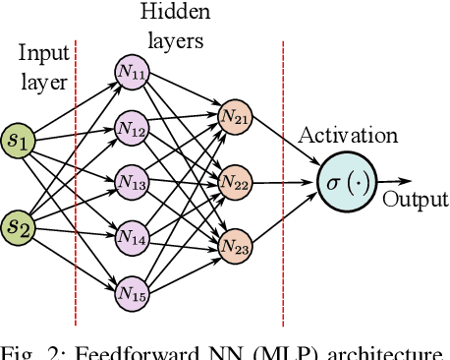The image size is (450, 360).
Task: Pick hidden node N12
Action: pyautogui.click(x=130, y=127)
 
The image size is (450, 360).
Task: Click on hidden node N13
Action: pyautogui.click(x=130, y=181)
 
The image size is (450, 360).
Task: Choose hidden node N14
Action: pyautogui.click(x=130, y=236)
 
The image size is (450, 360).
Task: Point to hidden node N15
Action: pyautogui.click(x=130, y=291)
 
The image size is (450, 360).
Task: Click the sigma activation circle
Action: pyautogui.click(x=347, y=182)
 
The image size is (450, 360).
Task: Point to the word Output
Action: pyautogui.click(x=415, y=201)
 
